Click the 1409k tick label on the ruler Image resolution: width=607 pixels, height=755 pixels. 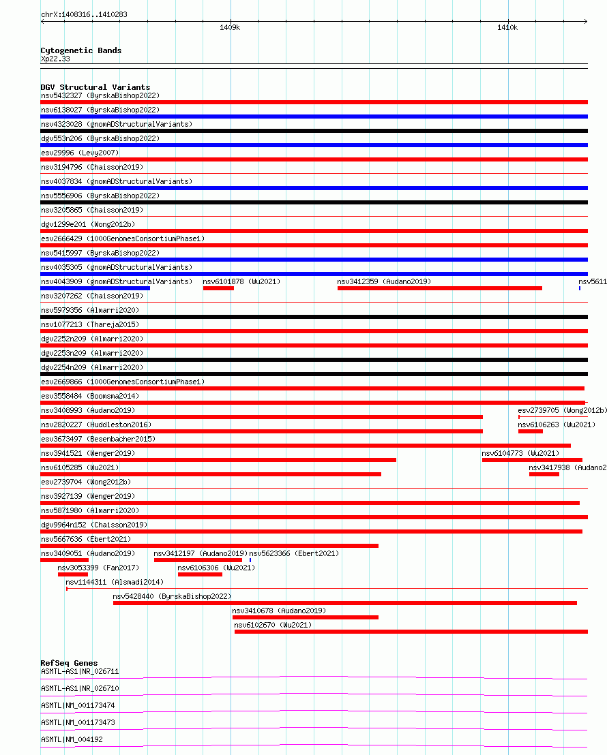click(230, 28)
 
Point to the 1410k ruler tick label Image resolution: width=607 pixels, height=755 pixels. click(507, 28)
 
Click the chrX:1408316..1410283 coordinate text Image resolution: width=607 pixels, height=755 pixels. click(84, 14)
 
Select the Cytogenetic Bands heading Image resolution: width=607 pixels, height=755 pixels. click(80, 50)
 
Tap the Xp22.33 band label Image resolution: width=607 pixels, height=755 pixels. click(55, 59)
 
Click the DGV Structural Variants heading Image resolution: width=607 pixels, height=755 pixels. click(95, 87)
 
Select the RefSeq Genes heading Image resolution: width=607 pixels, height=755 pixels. click(69, 663)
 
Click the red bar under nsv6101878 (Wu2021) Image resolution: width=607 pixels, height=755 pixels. click(218, 288)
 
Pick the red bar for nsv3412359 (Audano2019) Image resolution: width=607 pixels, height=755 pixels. click(439, 288)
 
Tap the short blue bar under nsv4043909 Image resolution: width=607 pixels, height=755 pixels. click(95, 288)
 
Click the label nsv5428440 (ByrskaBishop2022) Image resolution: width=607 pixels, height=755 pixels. click(172, 596)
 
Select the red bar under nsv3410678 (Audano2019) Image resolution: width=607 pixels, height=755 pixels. click(305, 617)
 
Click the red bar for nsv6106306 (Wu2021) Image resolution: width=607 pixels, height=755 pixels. click(200, 574)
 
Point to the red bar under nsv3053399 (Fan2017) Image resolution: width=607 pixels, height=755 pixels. click(72, 574)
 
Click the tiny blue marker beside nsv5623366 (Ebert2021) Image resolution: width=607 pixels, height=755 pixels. click(250, 560)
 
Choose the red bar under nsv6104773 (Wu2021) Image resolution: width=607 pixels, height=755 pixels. click(532, 460)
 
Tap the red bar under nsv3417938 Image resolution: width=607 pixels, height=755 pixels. click(544, 474)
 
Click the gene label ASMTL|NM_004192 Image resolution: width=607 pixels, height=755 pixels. click(72, 739)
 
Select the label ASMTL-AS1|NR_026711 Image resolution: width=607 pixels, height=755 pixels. click(80, 671)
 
